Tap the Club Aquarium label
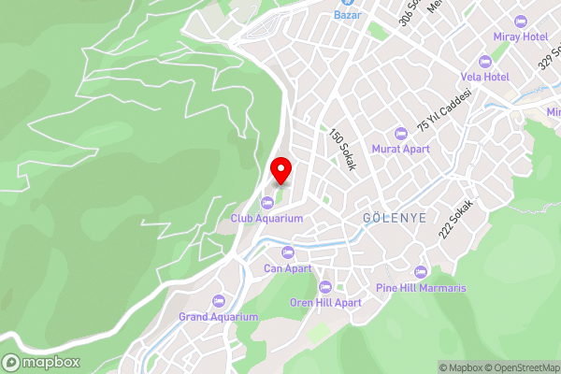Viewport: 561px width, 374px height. pos(267,218)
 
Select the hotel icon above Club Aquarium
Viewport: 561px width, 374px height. pos(267,202)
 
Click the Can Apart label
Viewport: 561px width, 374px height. pos(287,268)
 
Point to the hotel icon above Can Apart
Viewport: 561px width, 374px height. pos(287,252)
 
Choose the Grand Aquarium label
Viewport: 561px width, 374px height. pos(218,317)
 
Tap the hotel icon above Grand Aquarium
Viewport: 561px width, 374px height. pos(218,301)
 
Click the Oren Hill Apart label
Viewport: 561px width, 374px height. pos(325,303)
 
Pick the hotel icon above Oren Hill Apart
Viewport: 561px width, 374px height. pos(325,287)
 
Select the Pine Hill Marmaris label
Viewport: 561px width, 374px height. pos(421,288)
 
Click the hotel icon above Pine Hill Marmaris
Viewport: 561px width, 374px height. pos(421,272)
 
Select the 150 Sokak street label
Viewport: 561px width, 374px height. pos(343,150)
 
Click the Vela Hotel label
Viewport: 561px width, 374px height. pos(484,77)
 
